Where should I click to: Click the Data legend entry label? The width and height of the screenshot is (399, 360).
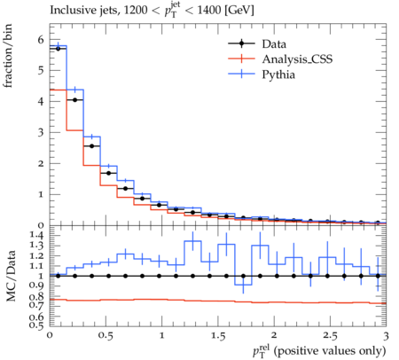pyautogui.click(x=274, y=44)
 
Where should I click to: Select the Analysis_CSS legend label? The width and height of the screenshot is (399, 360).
pyautogui.click(x=297, y=59)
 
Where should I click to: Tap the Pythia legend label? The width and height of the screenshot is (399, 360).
pyautogui.click(x=278, y=74)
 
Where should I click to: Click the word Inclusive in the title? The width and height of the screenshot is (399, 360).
pyautogui.click(x=70, y=10)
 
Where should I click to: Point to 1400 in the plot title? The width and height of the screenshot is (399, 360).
pyautogui.click(x=209, y=10)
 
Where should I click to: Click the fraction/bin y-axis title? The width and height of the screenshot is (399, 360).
pyautogui.click(x=8, y=56)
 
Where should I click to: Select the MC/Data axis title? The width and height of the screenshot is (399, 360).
pyautogui.click(x=11, y=276)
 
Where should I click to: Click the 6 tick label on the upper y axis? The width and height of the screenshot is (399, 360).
pyautogui.click(x=41, y=40)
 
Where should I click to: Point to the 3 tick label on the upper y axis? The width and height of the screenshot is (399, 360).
pyautogui.click(x=41, y=133)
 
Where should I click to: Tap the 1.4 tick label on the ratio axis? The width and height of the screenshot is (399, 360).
pyautogui.click(x=37, y=236)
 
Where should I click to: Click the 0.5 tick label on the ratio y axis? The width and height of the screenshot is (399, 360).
pyautogui.click(x=37, y=325)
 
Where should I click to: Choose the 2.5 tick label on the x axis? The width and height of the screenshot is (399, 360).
pyautogui.click(x=330, y=336)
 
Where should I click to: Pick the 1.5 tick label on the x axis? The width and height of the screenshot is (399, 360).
pyautogui.click(x=218, y=336)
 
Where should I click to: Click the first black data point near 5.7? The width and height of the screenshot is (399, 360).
pyautogui.click(x=58, y=49)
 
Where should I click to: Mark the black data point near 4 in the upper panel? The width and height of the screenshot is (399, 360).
pyautogui.click(x=74, y=100)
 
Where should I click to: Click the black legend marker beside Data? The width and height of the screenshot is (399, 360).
pyautogui.click(x=241, y=43)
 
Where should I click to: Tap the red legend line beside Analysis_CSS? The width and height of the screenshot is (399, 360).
pyautogui.click(x=241, y=59)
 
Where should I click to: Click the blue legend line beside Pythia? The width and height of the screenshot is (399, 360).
pyautogui.click(x=241, y=74)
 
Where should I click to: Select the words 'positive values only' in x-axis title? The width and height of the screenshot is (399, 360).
pyautogui.click(x=330, y=351)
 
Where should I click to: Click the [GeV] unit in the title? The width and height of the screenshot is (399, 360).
pyautogui.click(x=239, y=11)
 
